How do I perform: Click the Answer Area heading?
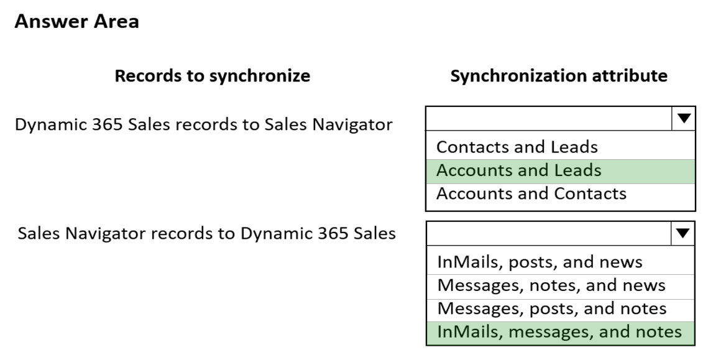[x=77, y=21]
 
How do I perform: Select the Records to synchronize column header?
[x=213, y=75]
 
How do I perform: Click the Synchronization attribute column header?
[x=559, y=75]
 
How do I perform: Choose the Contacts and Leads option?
[x=517, y=147]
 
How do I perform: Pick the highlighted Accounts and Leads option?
[x=518, y=170]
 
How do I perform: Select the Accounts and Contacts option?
[x=531, y=193]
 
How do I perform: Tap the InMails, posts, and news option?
[x=540, y=262]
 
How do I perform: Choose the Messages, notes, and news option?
[x=551, y=285]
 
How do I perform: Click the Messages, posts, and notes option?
[x=551, y=308]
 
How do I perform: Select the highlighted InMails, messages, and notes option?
[x=559, y=332]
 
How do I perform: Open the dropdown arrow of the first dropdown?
[x=683, y=119]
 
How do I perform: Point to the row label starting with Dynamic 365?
[x=204, y=124]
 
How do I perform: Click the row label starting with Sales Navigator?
[x=206, y=234]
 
